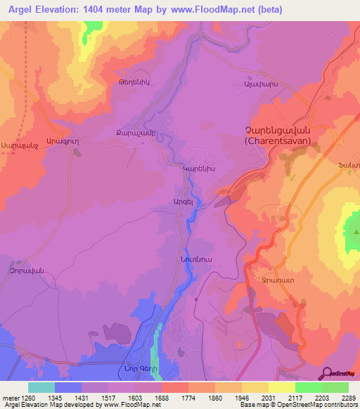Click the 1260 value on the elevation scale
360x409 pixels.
coord(27,397)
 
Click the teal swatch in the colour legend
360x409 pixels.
coord(41,387)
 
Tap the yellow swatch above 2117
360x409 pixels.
coord(281,387)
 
